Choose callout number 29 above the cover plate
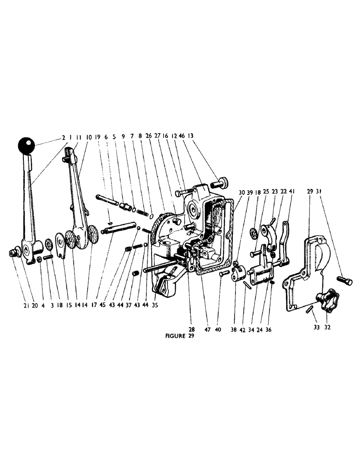coord(310,192)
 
